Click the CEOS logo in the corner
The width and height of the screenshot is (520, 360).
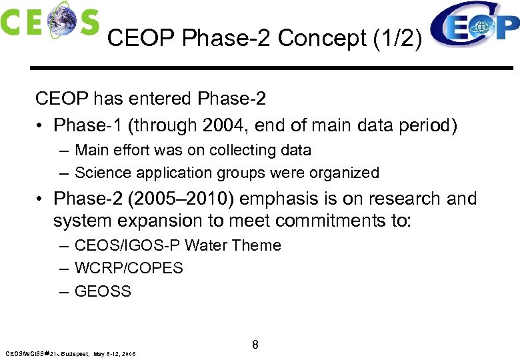coord(50,20)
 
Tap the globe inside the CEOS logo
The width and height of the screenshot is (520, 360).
coord(59,19)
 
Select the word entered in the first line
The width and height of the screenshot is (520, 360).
coord(158,99)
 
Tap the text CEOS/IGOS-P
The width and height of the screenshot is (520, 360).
coord(127,245)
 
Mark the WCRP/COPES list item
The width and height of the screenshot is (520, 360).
coord(129,268)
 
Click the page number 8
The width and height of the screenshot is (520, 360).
coord(255,345)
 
